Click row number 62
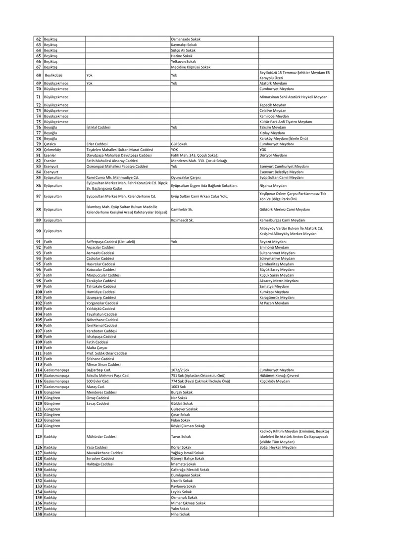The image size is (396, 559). tap(38, 39)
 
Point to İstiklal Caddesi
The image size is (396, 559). tap(98, 127)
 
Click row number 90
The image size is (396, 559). tap(38, 231)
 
